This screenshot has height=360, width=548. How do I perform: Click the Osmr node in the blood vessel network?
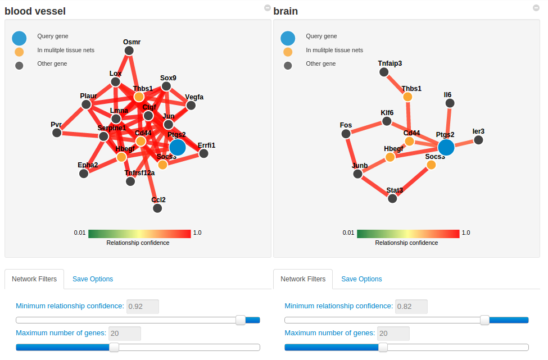point(129,51)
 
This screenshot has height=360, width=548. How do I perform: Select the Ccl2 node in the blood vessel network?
point(157,208)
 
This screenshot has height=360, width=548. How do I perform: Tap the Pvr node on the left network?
point(56,133)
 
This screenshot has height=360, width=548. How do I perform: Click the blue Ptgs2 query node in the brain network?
point(446,147)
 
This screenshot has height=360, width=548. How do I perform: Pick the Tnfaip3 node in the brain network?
point(384,72)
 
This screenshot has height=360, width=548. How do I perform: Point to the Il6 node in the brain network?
point(450,103)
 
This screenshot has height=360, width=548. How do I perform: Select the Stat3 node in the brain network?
point(392,198)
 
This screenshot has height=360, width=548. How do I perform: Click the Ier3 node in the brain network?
point(478,140)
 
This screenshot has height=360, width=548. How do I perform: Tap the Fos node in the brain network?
point(346,133)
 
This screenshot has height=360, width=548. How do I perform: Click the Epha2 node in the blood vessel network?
point(84,174)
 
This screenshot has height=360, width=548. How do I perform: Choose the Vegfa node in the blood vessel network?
point(191,105)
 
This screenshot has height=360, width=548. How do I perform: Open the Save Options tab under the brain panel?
point(361,279)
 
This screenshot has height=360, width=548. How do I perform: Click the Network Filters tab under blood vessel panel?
point(35,279)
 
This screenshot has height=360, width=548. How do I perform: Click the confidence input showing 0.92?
point(143,306)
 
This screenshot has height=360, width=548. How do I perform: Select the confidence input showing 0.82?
point(411,306)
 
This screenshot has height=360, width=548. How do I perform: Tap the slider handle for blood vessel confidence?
point(241,320)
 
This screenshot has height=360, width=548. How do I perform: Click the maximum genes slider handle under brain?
point(383,347)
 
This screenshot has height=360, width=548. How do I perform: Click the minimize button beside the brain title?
point(536,8)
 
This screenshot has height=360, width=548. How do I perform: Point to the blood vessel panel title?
point(35,11)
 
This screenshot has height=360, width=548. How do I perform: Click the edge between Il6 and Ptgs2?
point(448,125)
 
